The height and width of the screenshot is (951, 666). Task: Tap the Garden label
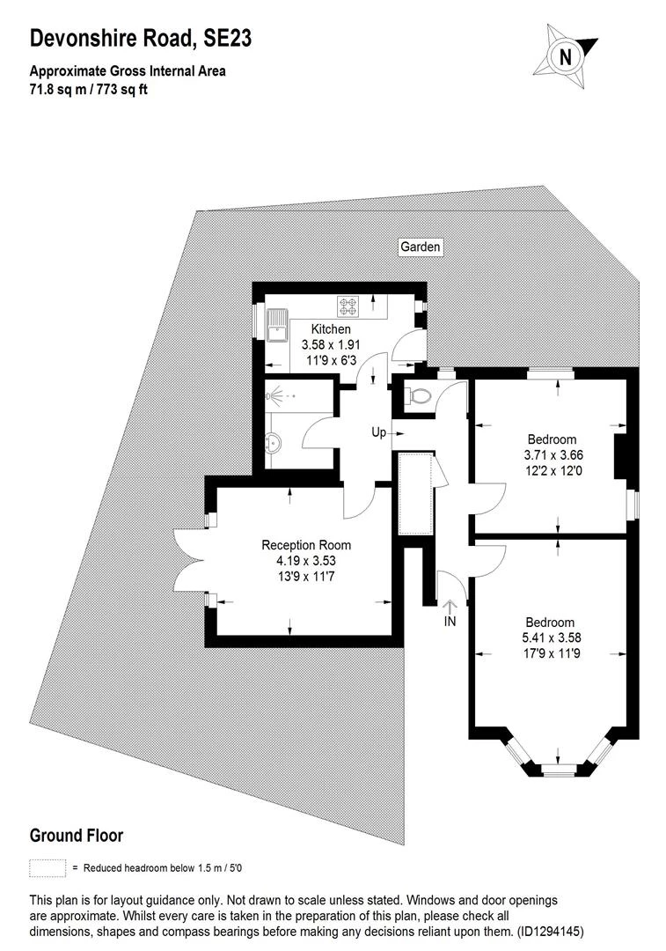click(420, 247)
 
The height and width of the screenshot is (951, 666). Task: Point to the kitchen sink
click(282, 324)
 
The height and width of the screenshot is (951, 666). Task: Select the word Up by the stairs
click(378, 433)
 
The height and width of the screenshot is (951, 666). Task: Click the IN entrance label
click(450, 622)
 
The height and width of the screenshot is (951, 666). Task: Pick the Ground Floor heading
click(77, 835)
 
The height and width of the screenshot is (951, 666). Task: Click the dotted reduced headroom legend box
click(48, 867)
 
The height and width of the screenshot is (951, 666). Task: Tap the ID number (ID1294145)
click(549, 930)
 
